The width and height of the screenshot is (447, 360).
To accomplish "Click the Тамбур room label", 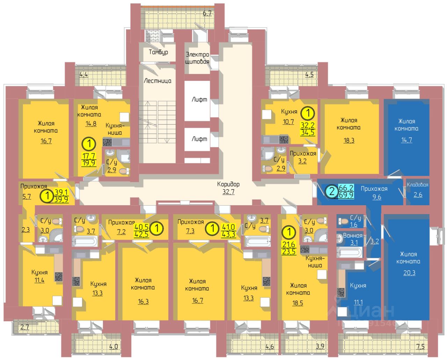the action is (158, 52).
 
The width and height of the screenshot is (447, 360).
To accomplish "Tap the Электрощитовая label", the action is (197, 58).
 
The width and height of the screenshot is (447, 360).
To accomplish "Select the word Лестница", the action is (157, 81).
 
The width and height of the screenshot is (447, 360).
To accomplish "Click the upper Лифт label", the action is (199, 100).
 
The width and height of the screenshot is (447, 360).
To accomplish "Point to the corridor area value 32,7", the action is (228, 192).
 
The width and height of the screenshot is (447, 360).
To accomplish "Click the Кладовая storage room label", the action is (417, 185).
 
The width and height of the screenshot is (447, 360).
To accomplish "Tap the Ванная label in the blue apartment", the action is (352, 235).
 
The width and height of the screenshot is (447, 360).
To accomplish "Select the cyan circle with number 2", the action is (331, 191).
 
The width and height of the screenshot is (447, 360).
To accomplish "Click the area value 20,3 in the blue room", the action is (409, 273).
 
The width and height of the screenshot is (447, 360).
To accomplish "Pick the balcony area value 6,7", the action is (207, 14).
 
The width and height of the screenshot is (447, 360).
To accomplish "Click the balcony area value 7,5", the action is (420, 346).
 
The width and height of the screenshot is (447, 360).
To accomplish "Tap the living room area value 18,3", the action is (349, 140).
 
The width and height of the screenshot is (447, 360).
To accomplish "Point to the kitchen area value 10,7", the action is (288, 122).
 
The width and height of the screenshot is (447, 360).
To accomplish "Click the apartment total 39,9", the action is (61, 199).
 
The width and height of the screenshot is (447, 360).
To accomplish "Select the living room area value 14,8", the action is (91, 123).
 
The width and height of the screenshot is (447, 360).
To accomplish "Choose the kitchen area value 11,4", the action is (39, 280).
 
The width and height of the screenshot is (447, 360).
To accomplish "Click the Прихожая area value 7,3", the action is (190, 231).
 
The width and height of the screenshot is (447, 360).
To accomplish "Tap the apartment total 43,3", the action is (228, 234).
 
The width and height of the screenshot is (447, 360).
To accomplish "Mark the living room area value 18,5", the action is (298, 303).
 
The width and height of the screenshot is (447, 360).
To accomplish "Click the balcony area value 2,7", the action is (24, 327).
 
